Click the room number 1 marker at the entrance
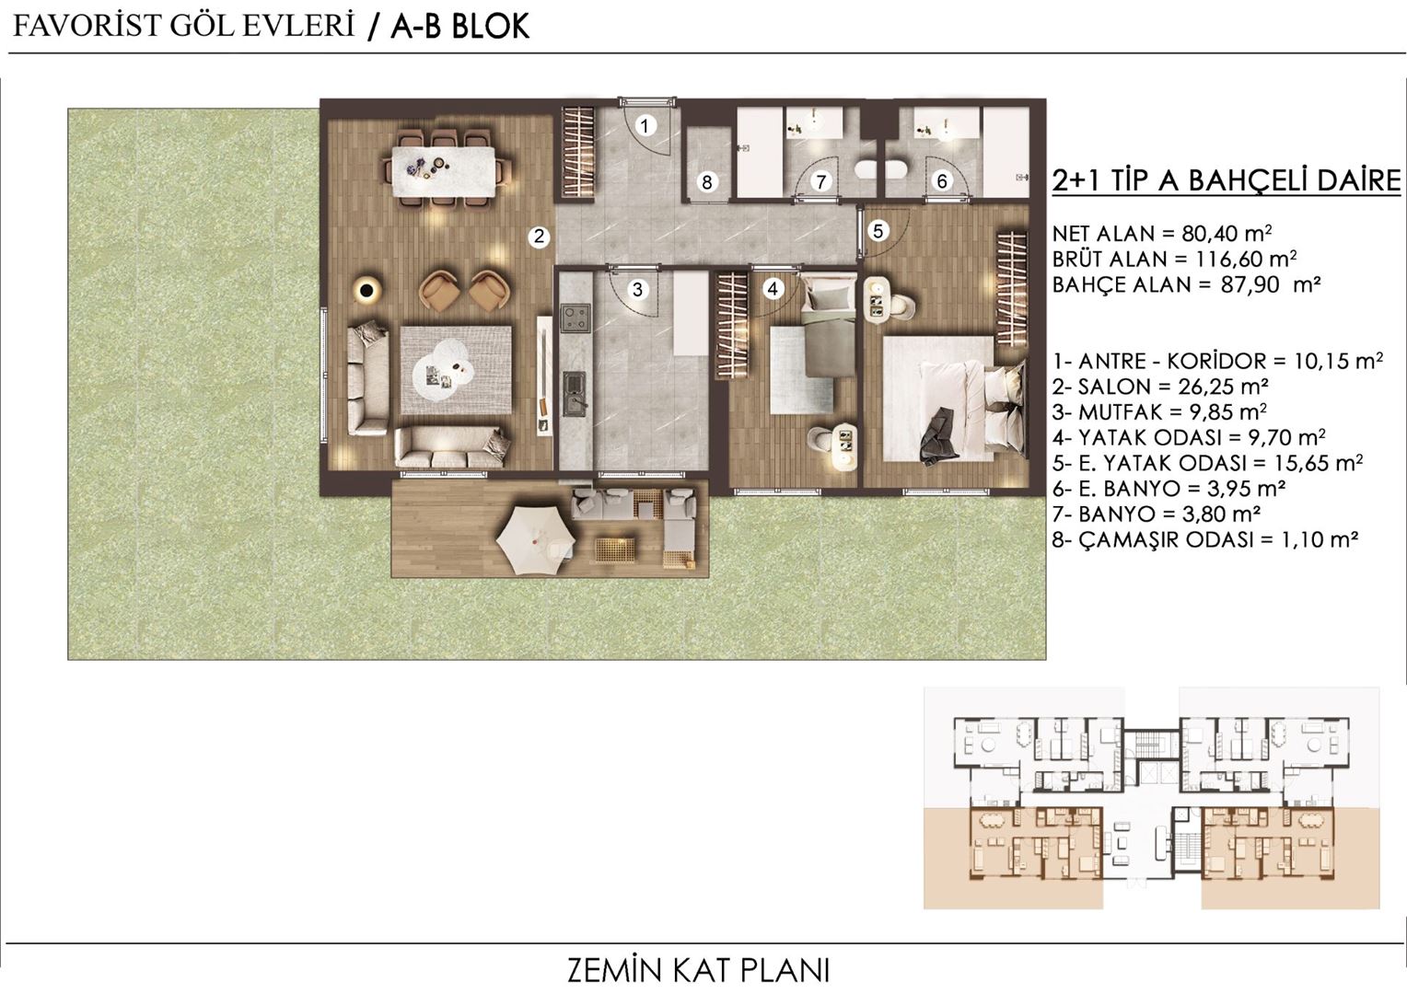point(645,125)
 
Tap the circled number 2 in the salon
point(540,237)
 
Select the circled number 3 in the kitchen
point(637,289)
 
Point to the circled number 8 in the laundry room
point(707,182)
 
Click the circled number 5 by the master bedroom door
point(878,230)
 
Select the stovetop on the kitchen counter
point(576,318)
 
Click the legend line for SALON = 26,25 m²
point(1160,387)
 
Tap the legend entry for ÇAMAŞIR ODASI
point(1205,540)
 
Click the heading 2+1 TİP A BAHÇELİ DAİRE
point(1226,180)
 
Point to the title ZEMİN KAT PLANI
point(699,970)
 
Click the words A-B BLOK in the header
point(460,27)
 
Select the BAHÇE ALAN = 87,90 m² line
point(1187,285)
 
